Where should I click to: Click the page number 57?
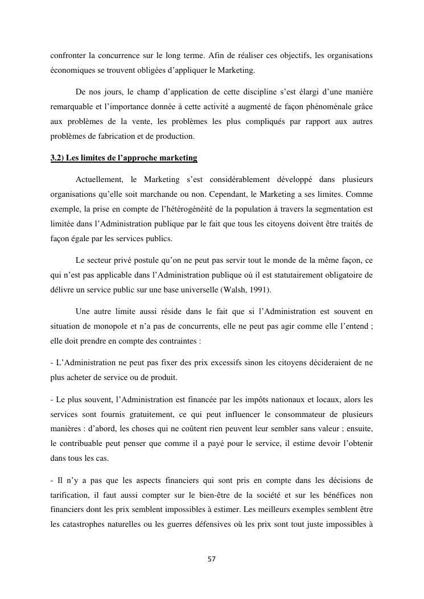212,559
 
